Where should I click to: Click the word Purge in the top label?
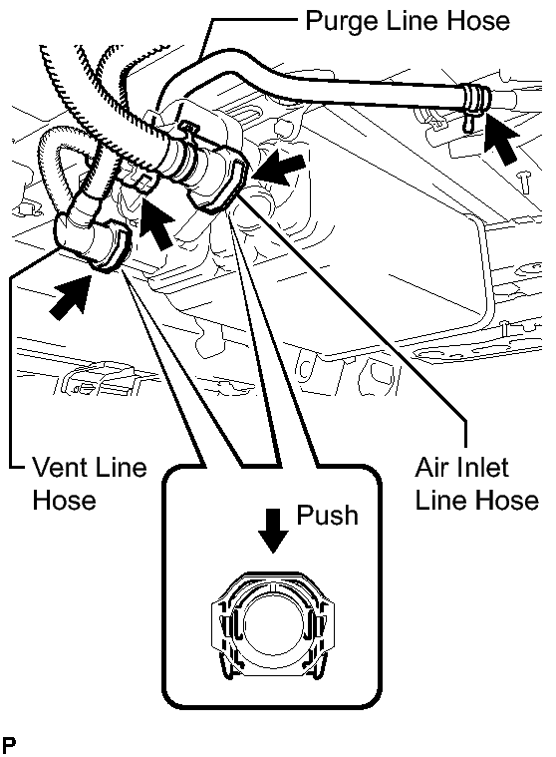click(337, 22)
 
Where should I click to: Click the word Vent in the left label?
click(59, 467)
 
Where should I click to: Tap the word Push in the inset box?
click(328, 515)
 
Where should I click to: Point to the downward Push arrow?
click(273, 530)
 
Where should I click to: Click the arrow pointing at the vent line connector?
click(71, 297)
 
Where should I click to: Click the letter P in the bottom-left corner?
click(8, 744)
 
